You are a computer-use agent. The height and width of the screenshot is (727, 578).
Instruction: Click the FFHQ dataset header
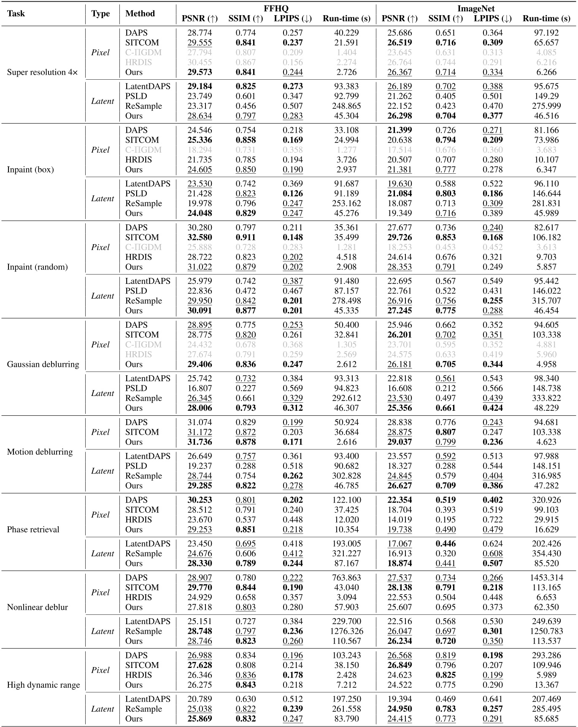point(276,8)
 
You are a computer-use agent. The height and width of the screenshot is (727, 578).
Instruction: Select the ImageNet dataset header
point(476,8)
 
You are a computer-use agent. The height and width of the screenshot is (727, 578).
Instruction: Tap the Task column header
point(16,13)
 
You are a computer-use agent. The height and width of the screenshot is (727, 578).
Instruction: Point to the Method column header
point(140,13)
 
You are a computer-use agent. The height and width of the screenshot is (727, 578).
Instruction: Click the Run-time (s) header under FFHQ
point(346,19)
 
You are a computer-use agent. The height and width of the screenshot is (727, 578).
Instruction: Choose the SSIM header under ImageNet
point(446,19)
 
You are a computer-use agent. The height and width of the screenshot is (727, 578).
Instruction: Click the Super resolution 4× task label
point(43,72)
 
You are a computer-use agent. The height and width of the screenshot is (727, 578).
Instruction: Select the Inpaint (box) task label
point(30,170)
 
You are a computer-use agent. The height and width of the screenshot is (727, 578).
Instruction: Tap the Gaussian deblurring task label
point(43,364)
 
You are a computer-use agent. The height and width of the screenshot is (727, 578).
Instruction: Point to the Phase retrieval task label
point(33,530)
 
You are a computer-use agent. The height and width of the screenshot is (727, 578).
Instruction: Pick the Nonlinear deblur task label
point(38,607)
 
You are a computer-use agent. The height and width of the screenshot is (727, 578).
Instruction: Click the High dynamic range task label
point(43,685)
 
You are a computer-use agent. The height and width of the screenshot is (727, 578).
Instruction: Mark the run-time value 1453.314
point(546,578)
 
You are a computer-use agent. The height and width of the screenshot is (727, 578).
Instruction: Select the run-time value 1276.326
point(346,631)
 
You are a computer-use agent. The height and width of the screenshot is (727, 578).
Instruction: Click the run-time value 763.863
point(346,578)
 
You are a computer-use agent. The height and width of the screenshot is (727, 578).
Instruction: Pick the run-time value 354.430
point(546,554)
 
